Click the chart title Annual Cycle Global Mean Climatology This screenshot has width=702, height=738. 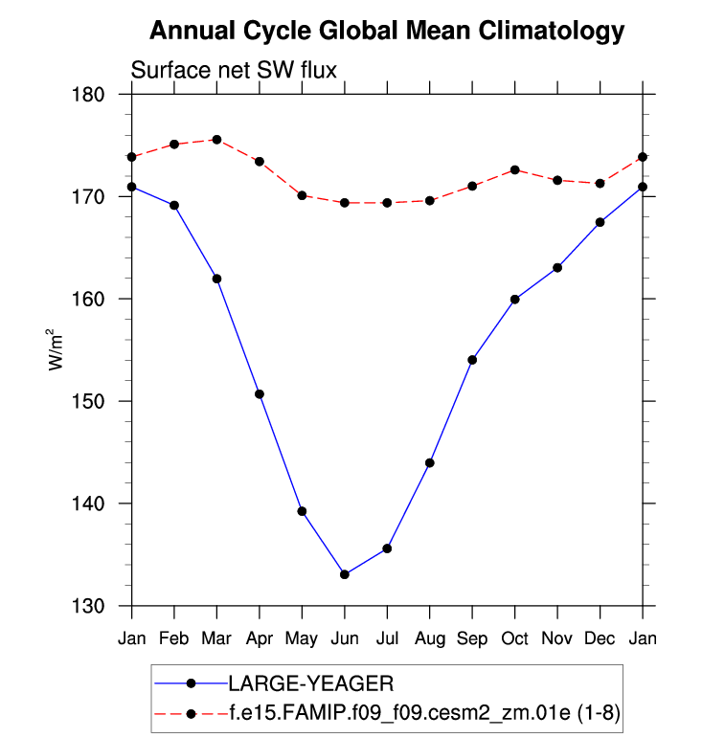tap(387, 32)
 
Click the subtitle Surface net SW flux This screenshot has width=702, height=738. tap(233, 70)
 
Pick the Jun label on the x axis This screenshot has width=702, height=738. tap(345, 637)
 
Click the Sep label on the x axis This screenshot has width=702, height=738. tap(472, 637)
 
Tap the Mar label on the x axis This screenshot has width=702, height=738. tap(216, 637)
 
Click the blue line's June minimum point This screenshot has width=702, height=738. tap(345, 574)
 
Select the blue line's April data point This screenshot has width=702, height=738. tap(260, 394)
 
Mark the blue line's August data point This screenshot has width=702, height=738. tap(430, 463)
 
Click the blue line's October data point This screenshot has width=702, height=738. tap(515, 300)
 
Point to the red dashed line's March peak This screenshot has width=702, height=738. tap(216, 140)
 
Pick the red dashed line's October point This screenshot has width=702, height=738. tap(515, 170)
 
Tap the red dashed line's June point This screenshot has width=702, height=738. tap(345, 203)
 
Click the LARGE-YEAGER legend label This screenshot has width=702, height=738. tap(311, 683)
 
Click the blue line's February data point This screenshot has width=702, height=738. tap(174, 205)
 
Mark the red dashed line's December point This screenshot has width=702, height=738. tap(600, 184)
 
